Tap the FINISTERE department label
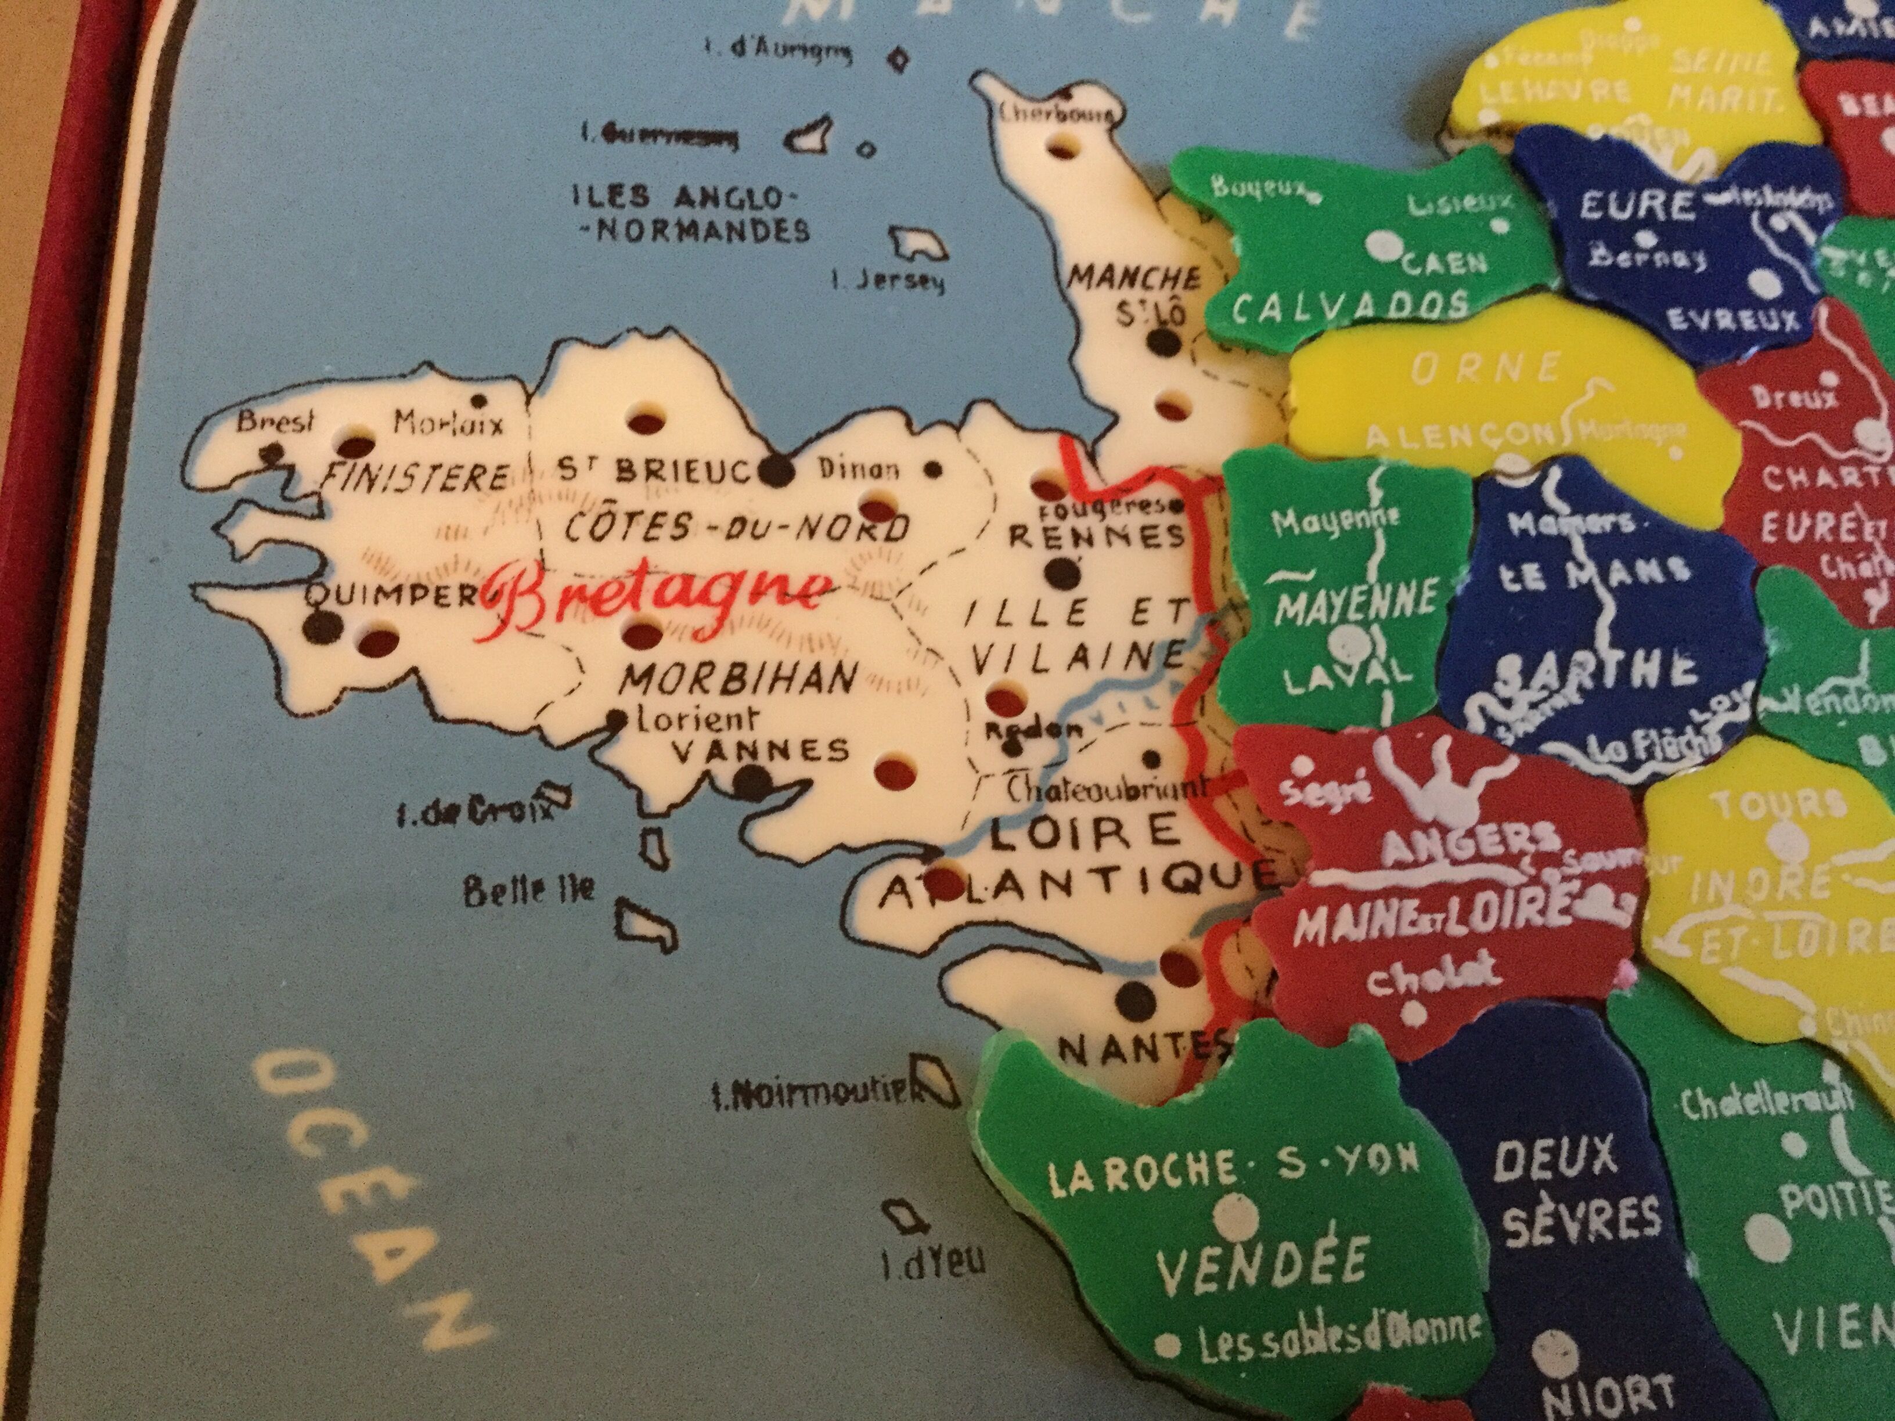point(414,476)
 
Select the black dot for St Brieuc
point(776,470)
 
